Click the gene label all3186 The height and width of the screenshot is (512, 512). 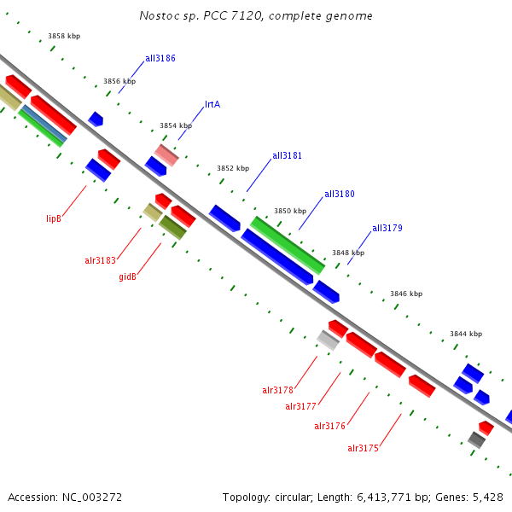(160, 58)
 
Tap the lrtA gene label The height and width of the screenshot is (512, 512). (212, 105)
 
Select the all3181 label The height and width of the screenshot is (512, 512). (287, 156)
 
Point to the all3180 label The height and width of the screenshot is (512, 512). (339, 195)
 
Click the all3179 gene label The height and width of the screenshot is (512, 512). (387, 229)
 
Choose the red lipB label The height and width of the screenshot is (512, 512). (54, 219)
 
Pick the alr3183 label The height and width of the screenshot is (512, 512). (100, 260)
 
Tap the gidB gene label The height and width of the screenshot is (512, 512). (127, 276)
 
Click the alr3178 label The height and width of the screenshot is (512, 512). (277, 390)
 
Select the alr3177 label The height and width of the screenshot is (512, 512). (300, 407)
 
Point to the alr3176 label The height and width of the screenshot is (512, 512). (329, 426)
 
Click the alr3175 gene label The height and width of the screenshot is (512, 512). (363, 448)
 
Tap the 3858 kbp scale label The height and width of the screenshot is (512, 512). (64, 36)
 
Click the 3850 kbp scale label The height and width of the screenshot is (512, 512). (289, 211)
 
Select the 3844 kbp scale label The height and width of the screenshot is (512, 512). (466, 334)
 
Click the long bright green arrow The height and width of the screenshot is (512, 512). (288, 245)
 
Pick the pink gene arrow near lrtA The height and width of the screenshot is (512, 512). (166, 154)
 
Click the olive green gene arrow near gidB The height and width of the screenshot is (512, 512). (172, 227)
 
